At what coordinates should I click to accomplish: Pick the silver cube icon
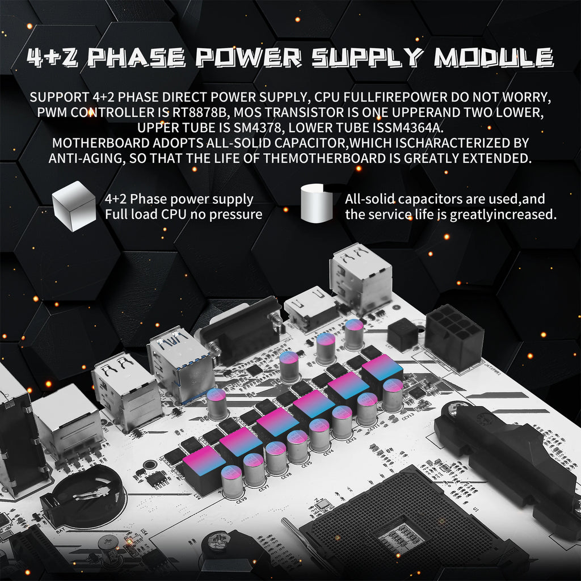pyautogui.click(x=74, y=206)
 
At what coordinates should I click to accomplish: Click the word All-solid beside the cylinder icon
pyautogui.click(x=369, y=199)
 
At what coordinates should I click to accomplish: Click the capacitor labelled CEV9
pyautogui.click(x=232, y=481)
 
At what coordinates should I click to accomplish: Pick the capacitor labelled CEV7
pyautogui.click(x=254, y=469)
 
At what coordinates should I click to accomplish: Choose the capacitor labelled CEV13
pyautogui.click(x=393, y=395)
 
